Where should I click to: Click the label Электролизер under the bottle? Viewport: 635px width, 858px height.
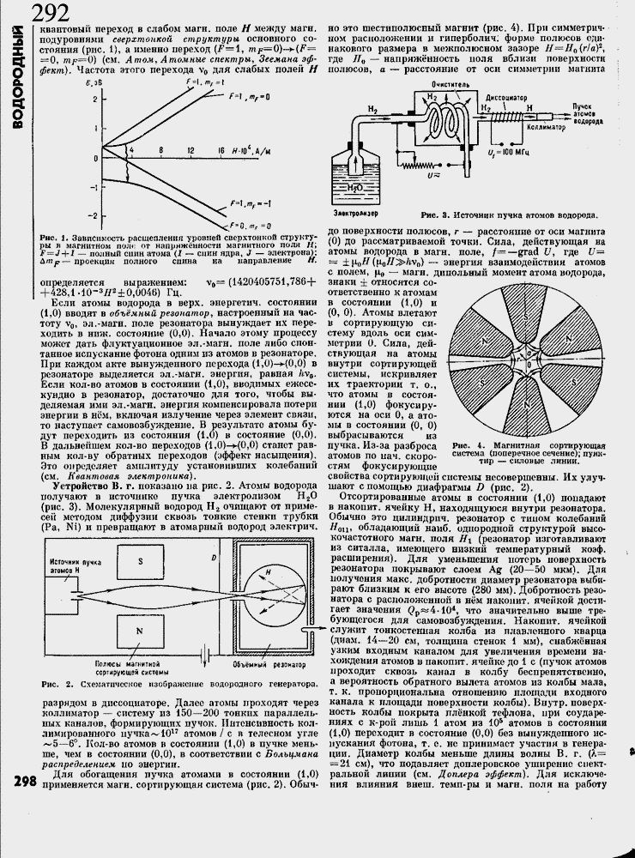coord(356,211)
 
